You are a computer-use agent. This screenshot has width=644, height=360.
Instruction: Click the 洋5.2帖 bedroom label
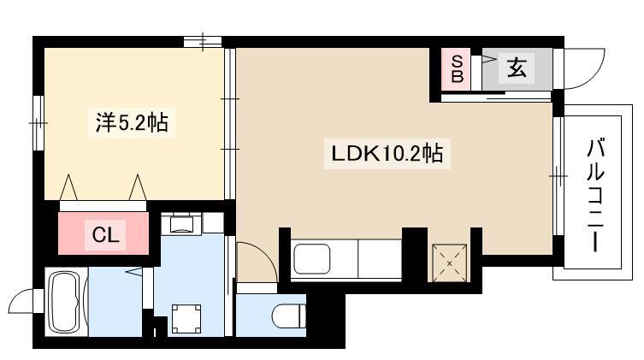pyautogui.click(x=132, y=122)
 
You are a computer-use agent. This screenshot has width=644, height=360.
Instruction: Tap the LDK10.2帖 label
pyautogui.click(x=387, y=154)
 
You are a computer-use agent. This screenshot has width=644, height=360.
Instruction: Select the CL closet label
pyautogui.click(x=105, y=235)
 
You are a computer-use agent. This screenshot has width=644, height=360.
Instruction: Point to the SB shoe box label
pyautogui.click(x=457, y=69)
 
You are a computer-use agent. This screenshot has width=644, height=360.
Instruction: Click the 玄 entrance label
pyautogui.click(x=517, y=68)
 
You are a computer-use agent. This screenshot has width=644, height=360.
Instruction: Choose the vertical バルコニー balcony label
pyautogui.click(x=595, y=195)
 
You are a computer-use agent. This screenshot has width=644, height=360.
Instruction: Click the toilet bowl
pyautogui.click(x=289, y=316)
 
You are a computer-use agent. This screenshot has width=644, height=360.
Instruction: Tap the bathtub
pyautogui.click(x=64, y=302)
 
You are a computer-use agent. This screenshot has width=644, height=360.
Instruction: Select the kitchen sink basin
pyautogui.click(x=312, y=259)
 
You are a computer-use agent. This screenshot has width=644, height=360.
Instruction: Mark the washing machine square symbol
pyautogui.click(x=186, y=319)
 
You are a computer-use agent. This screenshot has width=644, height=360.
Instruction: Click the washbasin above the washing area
pyautogui.click(x=181, y=224)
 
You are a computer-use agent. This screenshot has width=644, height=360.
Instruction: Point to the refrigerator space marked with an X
pyautogui.click(x=449, y=263)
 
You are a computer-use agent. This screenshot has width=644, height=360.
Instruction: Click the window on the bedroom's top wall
pyautogui.click(x=203, y=42)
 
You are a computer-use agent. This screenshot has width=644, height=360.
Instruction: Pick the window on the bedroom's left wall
pyautogui.click(x=38, y=123)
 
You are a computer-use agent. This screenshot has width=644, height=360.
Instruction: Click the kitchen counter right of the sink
pyautogui.click(x=380, y=259)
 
